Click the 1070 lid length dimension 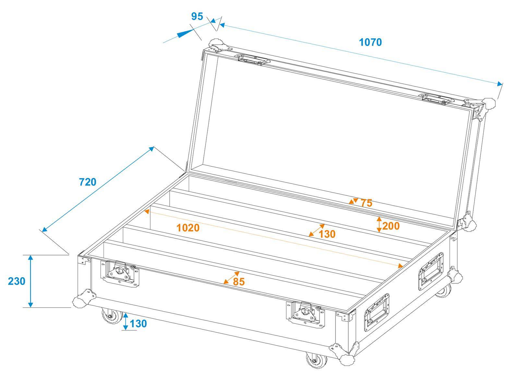pos(370,42)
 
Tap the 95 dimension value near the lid pos(197,16)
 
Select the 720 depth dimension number pos(88,182)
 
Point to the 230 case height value pos(17,281)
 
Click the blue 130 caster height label pos(138,323)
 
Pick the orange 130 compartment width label pos(327,234)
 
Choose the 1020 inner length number pos(188,228)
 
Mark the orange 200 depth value pos(391,226)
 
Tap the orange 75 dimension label pos(366,203)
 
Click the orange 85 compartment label pos(239,282)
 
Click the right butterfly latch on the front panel pos(305,314)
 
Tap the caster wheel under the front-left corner pos(111,316)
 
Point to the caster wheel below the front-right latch pos(315,360)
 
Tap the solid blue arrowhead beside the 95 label pos(184,33)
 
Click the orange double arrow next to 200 pos(379,224)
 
